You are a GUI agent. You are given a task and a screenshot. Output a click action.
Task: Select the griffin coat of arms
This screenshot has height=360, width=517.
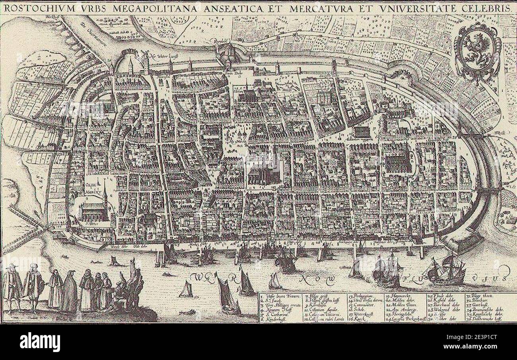coord(476,50)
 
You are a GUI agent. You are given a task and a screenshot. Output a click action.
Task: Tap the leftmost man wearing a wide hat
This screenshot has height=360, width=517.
coord(13,286)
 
